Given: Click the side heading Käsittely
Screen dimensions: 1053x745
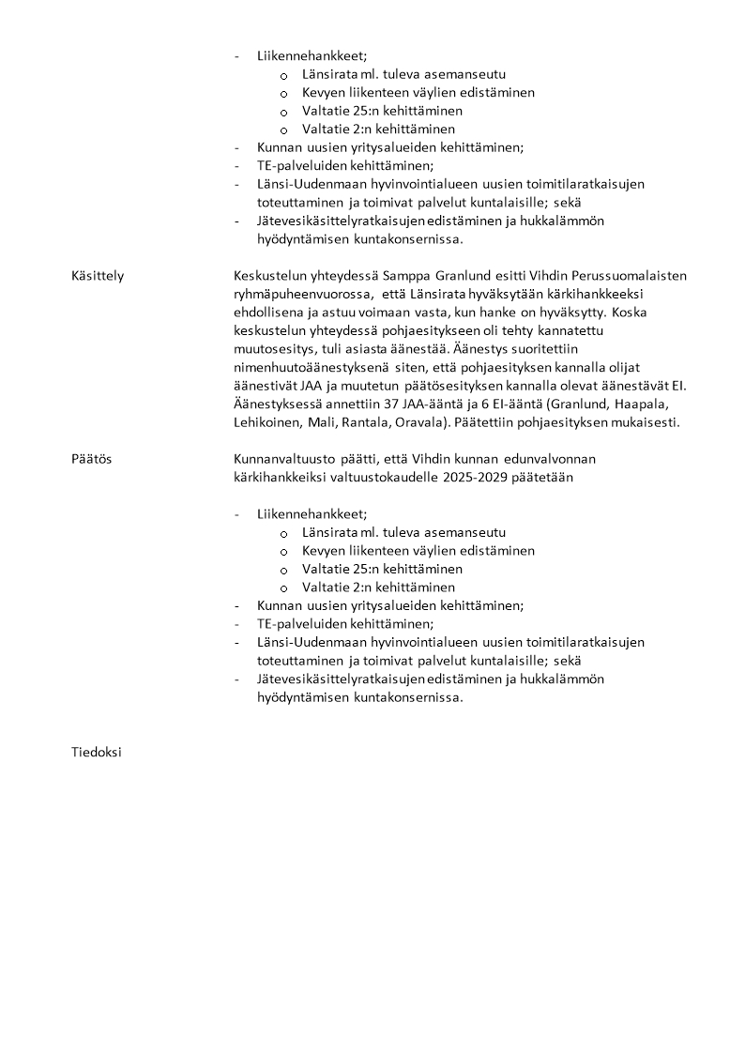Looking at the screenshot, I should coord(98,275).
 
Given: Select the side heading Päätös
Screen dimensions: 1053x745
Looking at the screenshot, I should coord(91,459).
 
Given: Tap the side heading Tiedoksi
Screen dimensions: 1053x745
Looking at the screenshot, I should coord(96,753).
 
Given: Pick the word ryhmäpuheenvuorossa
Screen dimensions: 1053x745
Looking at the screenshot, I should coord(301,294).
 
